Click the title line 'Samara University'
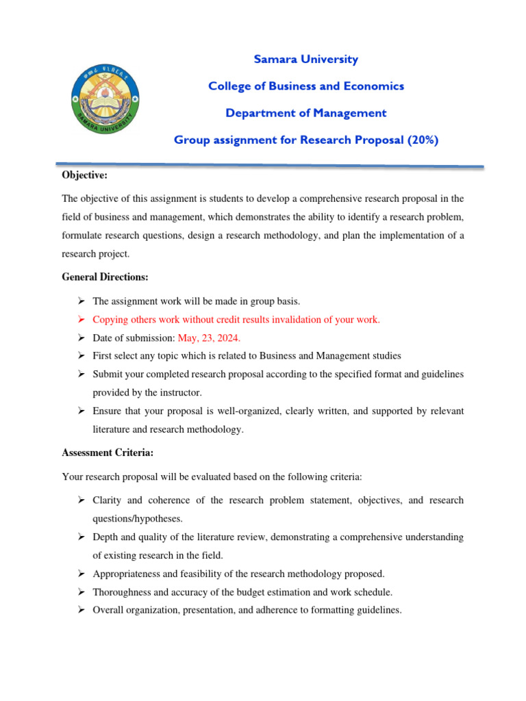[x=305, y=60]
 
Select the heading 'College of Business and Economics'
[x=305, y=86]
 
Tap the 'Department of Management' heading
[x=305, y=113]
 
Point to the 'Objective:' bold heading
[x=84, y=175]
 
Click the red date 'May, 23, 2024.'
[x=210, y=337]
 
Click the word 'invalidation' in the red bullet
[x=296, y=320]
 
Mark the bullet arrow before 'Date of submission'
[x=80, y=337]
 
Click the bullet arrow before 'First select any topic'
[x=80, y=355]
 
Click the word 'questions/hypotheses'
[x=137, y=519]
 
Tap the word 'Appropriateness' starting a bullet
[x=127, y=574]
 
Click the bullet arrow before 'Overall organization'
[x=80, y=609]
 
